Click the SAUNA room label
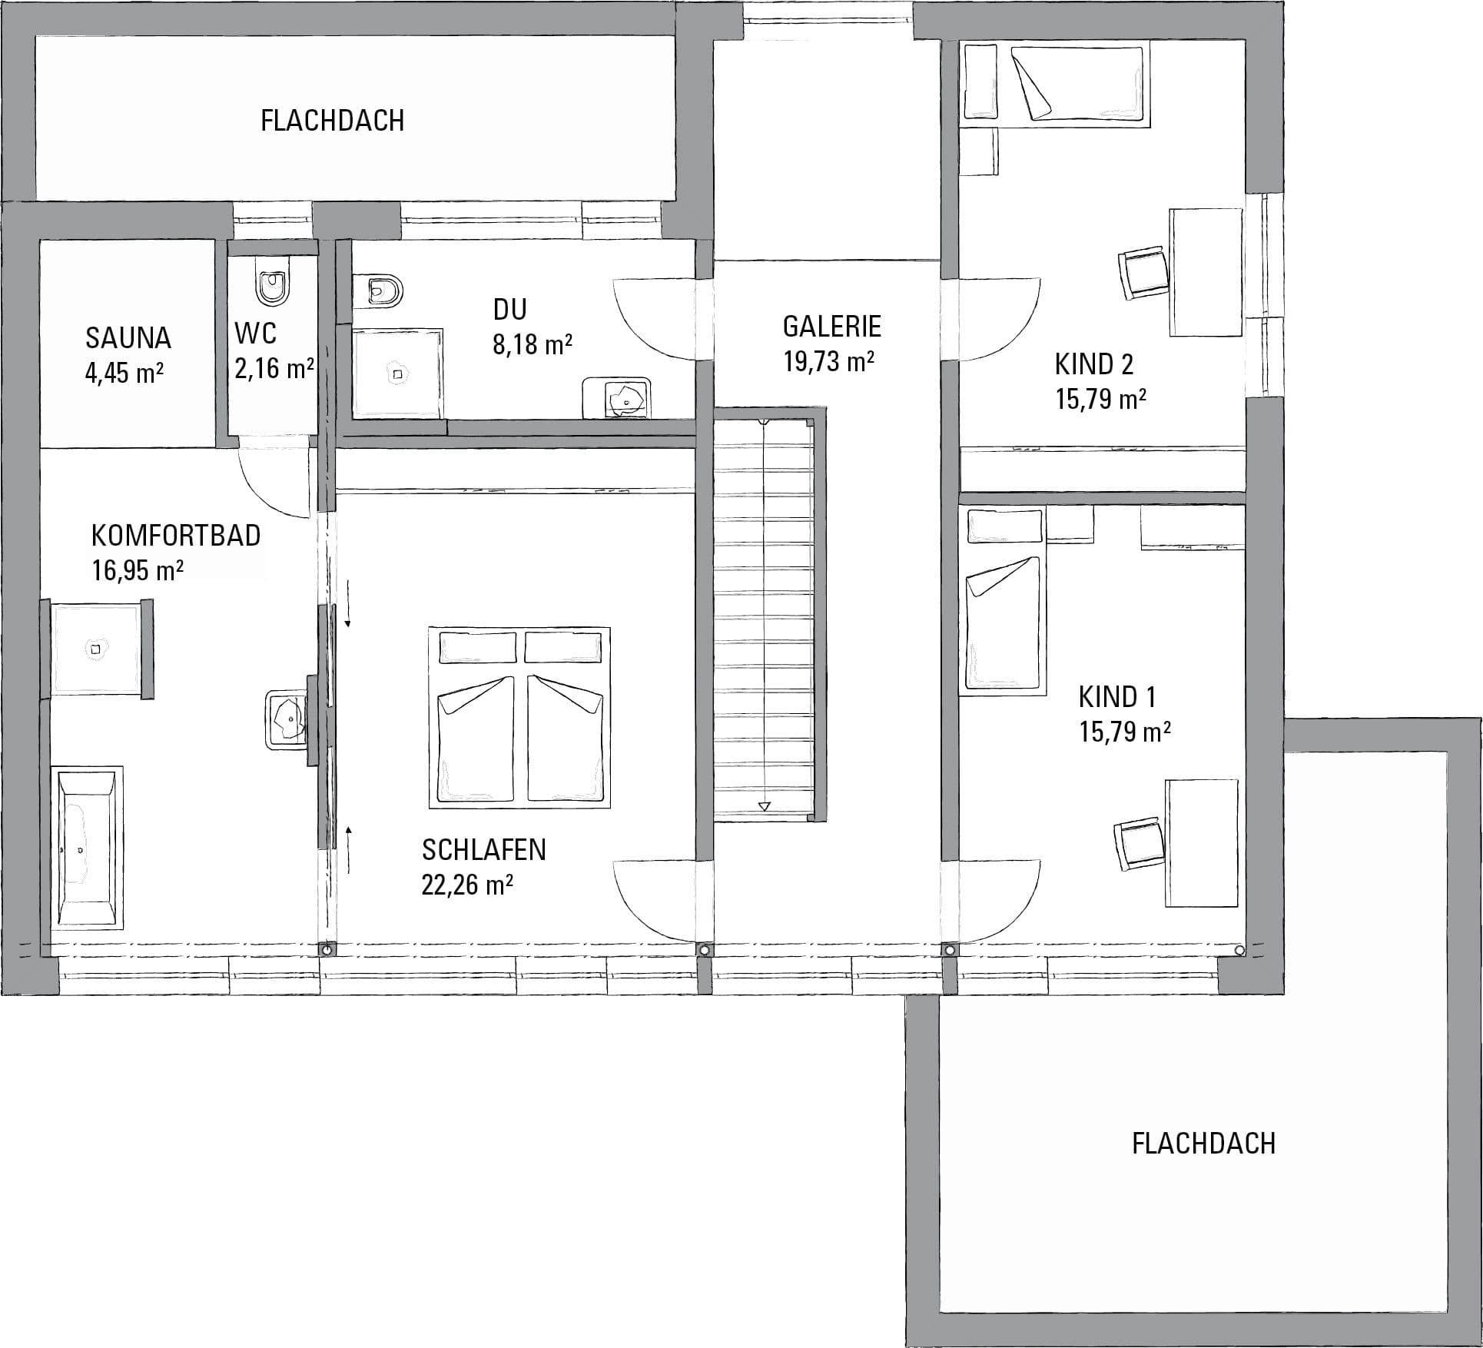point(128,338)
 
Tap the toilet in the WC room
point(273,286)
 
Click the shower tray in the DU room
point(398,374)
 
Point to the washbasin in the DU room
point(616,397)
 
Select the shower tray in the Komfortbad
point(96,649)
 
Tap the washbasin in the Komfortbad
point(286,719)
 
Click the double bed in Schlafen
point(519,718)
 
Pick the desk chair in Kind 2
point(1143,274)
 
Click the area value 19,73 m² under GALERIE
point(829,361)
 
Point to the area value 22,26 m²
point(467,885)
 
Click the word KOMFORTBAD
point(176,535)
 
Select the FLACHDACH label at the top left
point(332,121)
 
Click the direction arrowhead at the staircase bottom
point(764,806)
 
